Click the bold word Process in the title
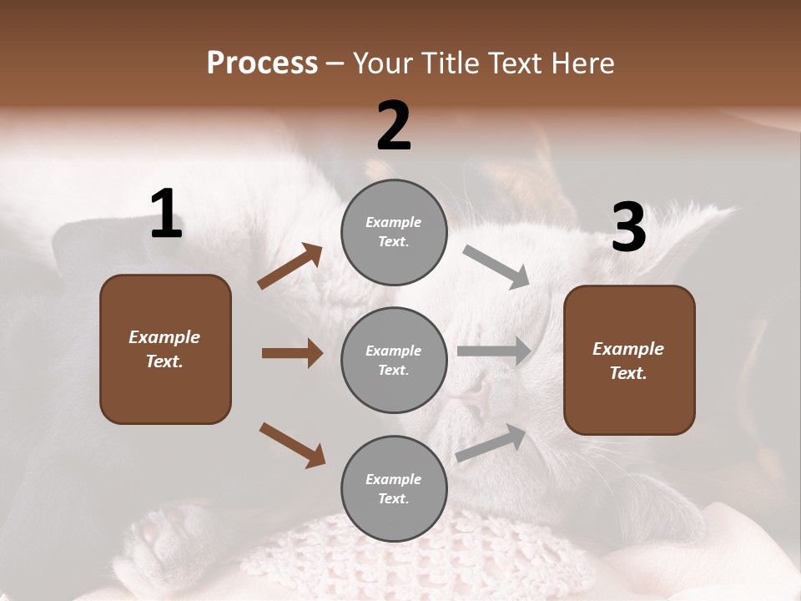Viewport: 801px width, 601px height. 262,63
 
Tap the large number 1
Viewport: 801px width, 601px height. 166,215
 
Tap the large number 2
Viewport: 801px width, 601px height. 394,126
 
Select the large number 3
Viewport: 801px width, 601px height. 628,228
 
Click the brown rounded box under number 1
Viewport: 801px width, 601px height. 165,349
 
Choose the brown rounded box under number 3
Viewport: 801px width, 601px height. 629,361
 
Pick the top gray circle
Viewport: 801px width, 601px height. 394,232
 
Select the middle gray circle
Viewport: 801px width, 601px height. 394,361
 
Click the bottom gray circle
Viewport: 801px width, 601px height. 394,489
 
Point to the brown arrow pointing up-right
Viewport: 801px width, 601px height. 290,266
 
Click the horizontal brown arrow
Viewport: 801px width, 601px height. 292,353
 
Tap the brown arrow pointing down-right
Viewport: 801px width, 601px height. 292,444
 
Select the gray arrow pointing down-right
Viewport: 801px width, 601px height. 496,267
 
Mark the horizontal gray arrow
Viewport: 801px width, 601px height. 494,351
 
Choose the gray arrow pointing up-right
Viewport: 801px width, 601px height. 491,442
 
